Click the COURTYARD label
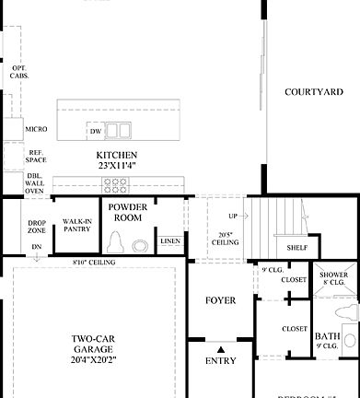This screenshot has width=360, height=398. [314, 92]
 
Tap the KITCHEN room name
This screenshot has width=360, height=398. [117, 155]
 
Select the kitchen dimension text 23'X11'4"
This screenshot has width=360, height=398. [117, 166]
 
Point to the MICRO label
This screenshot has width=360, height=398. [36, 129]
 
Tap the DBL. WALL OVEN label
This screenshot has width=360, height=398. [36, 183]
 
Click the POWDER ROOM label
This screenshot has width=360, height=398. [128, 212]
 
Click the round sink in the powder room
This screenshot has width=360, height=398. [140, 246]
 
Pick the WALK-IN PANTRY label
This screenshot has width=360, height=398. [76, 225]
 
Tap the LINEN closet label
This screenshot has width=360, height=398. [169, 242]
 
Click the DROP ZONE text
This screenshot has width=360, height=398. [36, 227]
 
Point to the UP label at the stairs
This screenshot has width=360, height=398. [232, 217]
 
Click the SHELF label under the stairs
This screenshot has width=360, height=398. [296, 247]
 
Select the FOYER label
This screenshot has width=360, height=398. [220, 300]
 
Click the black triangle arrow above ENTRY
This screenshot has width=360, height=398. [221, 348]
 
